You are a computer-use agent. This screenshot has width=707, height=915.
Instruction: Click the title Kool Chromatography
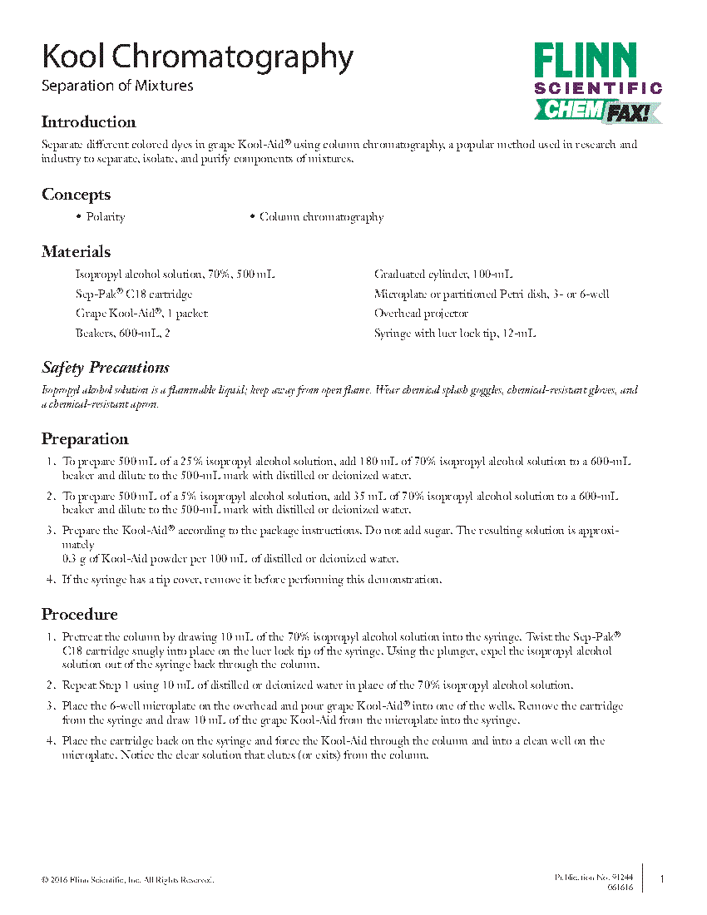pyautogui.click(x=197, y=57)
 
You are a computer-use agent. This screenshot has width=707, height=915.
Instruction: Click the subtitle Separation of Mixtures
pyautogui.click(x=117, y=86)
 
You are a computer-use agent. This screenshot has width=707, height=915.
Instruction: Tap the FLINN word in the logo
pyautogui.click(x=585, y=62)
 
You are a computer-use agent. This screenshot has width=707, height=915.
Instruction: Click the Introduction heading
pyautogui.click(x=88, y=122)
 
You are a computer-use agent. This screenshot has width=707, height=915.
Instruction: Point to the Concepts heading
pyautogui.click(x=76, y=195)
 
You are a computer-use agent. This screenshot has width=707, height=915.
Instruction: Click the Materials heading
pyautogui.click(x=76, y=252)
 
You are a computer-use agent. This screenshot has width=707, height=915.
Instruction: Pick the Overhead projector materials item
pyautogui.click(x=421, y=314)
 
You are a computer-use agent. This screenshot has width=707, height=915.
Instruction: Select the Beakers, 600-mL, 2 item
pyautogui.click(x=122, y=334)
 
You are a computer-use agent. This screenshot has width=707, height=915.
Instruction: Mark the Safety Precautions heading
pyautogui.click(x=106, y=368)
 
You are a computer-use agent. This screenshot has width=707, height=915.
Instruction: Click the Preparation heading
pyautogui.click(x=85, y=439)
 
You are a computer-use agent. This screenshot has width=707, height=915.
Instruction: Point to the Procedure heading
pyautogui.click(x=80, y=615)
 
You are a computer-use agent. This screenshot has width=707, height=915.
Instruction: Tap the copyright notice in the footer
pyautogui.click(x=127, y=879)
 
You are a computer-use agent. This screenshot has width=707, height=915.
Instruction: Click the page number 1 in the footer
pyautogui.click(x=662, y=879)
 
